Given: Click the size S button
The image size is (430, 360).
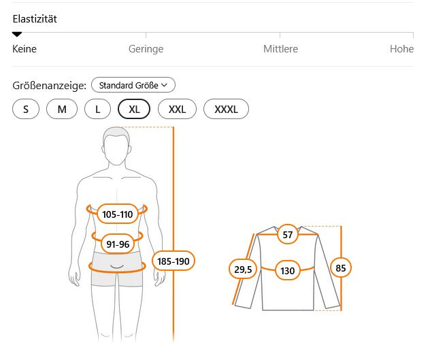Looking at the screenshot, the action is tap(26, 109).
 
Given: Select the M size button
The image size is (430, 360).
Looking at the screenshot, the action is tap(62, 109).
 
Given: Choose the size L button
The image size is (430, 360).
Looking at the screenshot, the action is tap(97, 109).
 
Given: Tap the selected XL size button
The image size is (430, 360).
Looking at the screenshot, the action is tap(134, 109).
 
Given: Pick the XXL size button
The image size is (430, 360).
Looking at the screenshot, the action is tap(177, 109).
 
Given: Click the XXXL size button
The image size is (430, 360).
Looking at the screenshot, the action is tap(227, 109).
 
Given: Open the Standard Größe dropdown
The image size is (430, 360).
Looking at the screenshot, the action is tap(133, 85).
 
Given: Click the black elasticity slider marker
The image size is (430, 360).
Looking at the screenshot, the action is tap(17, 34).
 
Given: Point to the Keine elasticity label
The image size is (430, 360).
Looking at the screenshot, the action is tap(24, 49).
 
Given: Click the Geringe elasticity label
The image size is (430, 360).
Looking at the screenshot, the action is tap(146, 49).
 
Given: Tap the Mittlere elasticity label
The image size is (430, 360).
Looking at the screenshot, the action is tap(280, 49).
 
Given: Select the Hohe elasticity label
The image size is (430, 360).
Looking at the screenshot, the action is tap(401, 49).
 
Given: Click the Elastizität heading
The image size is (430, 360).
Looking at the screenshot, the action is tap(35, 18).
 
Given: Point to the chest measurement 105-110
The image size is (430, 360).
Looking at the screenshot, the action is tap(118, 214).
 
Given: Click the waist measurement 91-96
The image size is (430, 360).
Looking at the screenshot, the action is tap(118, 244).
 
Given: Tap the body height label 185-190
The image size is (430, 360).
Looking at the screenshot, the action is tap(173, 261).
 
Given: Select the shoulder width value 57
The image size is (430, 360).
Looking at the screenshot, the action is tap(287, 235).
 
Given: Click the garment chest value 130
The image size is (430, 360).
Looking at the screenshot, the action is tap(287, 270).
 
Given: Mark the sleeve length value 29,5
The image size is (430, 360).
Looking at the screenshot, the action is tap(243, 269).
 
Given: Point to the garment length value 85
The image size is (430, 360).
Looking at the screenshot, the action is tap(341, 267).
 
